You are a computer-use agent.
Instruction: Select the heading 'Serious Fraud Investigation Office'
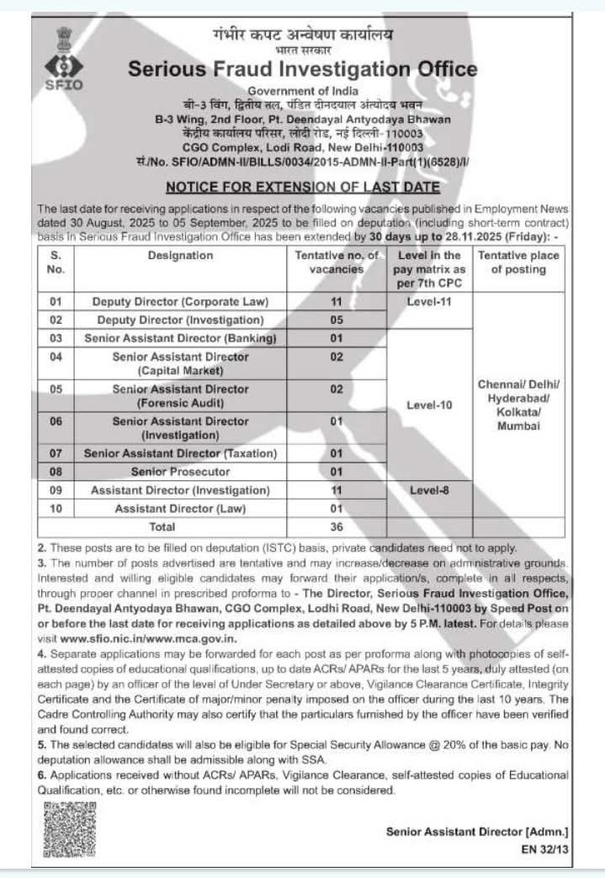303,69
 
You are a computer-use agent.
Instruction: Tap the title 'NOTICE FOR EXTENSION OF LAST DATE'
303,187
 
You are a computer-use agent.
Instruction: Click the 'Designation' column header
180,256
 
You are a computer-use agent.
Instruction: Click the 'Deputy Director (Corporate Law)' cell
180,301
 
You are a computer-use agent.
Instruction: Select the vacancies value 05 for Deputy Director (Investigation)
336,320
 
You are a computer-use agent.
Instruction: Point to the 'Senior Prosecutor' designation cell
180,472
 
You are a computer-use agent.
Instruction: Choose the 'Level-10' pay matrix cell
429,405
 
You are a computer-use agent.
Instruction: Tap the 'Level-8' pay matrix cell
429,489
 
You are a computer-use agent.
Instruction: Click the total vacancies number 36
336,527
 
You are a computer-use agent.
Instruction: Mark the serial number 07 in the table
56,453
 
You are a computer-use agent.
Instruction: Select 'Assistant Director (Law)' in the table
180,509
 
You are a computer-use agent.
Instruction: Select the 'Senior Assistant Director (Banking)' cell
180,339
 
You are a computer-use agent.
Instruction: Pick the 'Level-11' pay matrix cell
429,301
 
